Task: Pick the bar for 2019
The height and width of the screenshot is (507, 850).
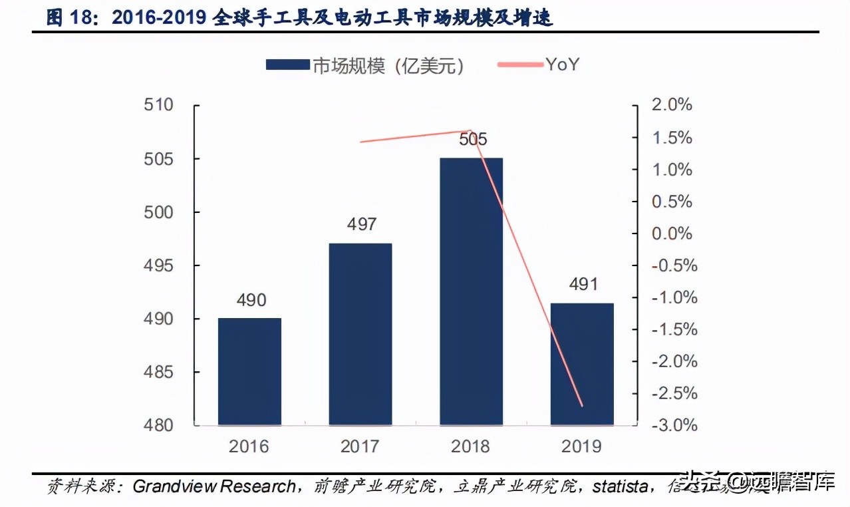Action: point(582,364)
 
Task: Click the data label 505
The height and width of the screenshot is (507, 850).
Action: point(473,139)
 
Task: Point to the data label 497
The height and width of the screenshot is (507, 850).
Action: point(362,224)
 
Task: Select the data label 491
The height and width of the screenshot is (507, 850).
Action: point(583,284)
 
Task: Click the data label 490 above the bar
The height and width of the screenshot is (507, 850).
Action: point(251,300)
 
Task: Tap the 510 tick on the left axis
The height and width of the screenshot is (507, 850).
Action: point(159,105)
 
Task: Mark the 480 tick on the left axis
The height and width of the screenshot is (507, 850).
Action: point(159,425)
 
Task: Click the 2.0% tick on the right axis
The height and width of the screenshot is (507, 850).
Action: point(672,105)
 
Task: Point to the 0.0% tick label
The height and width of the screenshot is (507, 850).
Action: point(672,234)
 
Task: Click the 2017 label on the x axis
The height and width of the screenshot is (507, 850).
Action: point(360,446)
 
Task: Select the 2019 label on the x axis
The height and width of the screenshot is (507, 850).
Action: point(582,446)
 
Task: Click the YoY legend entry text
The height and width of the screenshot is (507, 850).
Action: point(563,64)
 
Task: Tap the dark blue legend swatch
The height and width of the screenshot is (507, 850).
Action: point(287,65)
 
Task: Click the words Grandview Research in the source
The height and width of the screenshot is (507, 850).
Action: point(213,486)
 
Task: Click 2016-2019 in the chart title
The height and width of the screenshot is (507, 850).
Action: point(158,18)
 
